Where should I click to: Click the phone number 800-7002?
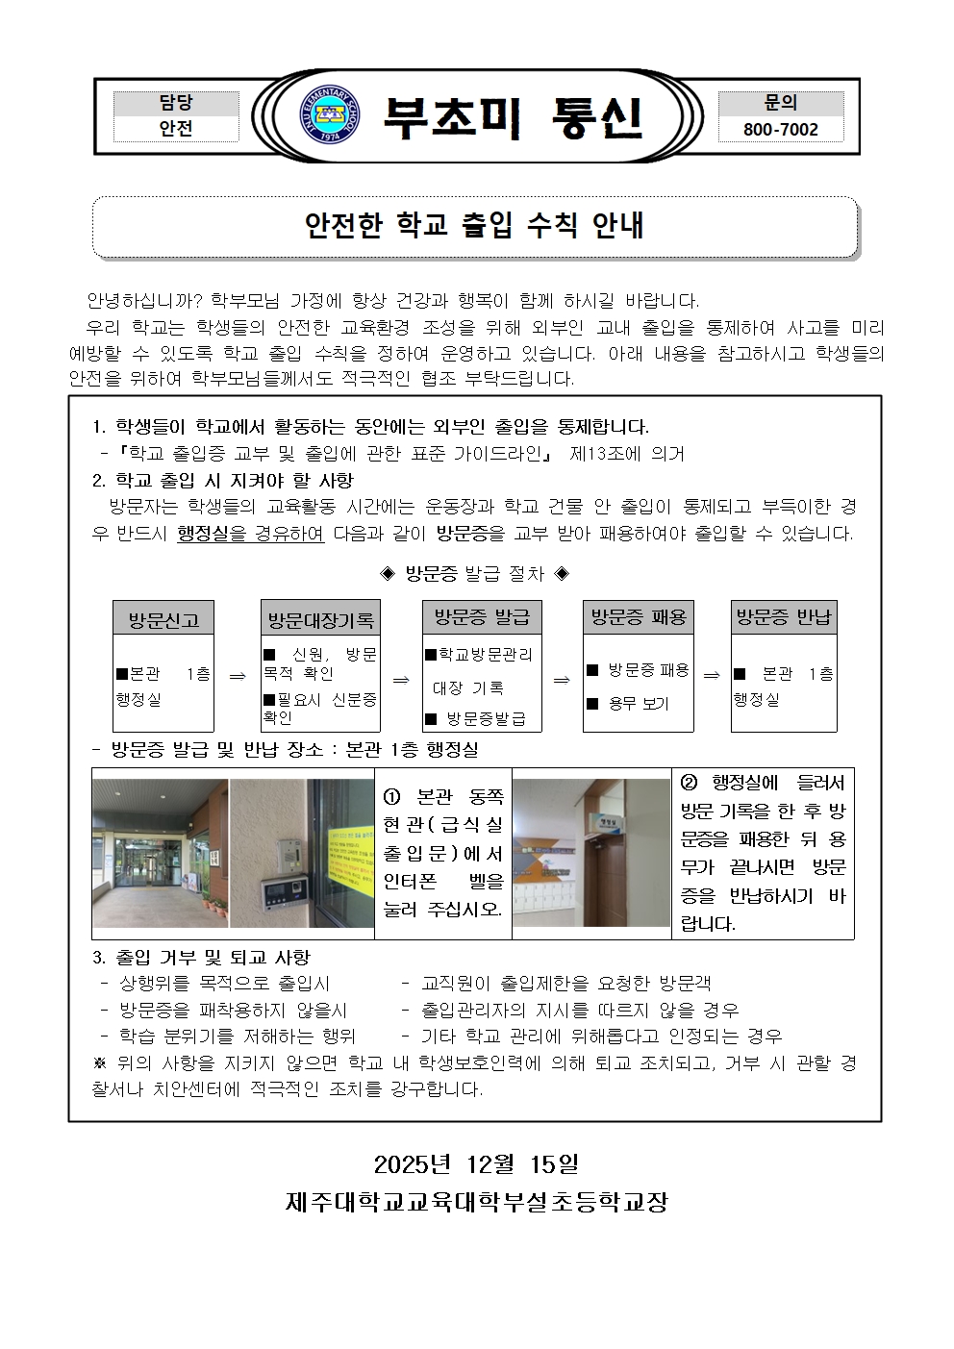click(x=780, y=129)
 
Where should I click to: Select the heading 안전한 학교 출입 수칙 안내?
click(x=474, y=226)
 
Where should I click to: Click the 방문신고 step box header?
click(x=163, y=619)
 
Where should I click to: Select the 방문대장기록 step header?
click(x=320, y=619)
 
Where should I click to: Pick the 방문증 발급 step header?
click(x=482, y=616)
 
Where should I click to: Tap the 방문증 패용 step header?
click(x=639, y=616)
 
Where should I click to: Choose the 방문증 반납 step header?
click(x=783, y=616)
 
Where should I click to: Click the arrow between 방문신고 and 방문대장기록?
click(x=237, y=676)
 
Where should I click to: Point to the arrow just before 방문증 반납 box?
click(x=712, y=675)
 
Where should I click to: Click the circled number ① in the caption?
click(x=392, y=797)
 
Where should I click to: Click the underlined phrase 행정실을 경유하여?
click(x=251, y=534)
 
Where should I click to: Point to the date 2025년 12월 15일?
click(x=476, y=1164)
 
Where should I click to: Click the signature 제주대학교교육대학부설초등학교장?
click(x=476, y=1201)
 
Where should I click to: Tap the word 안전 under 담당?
click(x=176, y=129)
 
